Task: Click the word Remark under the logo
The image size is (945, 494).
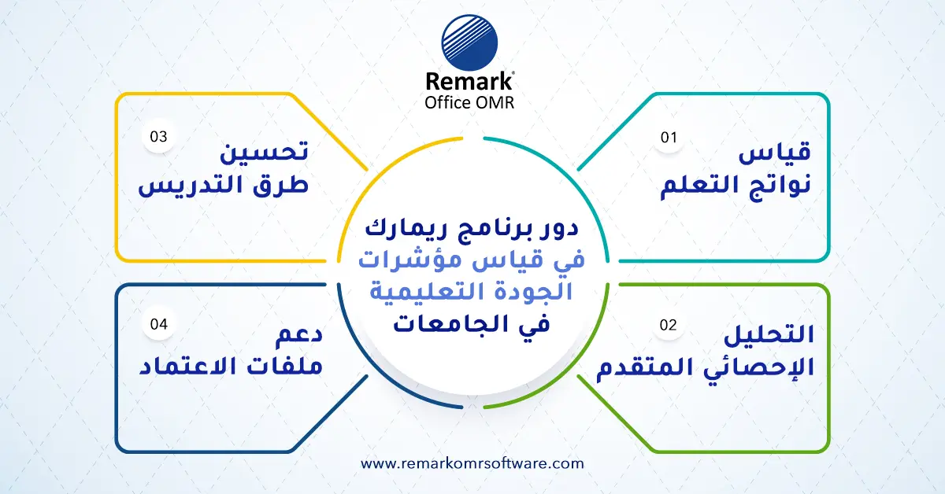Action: coord(469,81)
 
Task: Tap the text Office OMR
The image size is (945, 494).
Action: coord(469,102)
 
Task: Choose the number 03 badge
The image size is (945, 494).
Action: coord(159,136)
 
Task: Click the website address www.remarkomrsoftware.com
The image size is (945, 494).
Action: coord(472,463)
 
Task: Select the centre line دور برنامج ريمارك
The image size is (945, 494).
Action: coord(472,230)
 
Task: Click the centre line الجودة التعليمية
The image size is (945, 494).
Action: coord(472,292)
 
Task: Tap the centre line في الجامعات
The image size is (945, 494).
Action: coord(472,323)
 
